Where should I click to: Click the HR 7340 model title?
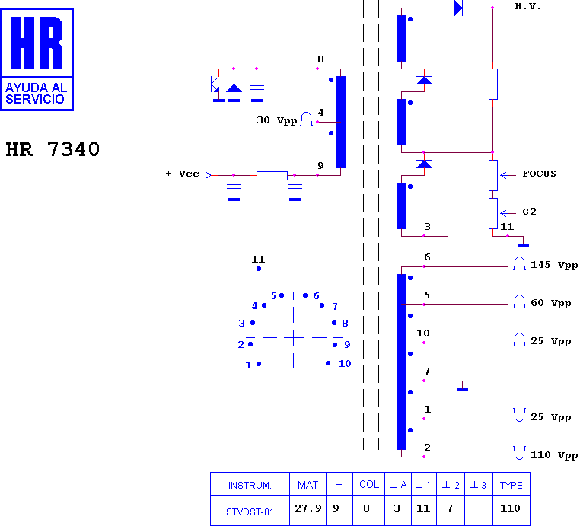click(x=53, y=149)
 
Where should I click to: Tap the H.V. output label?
click(x=527, y=7)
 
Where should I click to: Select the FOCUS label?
click(x=539, y=174)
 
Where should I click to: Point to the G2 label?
click(x=529, y=212)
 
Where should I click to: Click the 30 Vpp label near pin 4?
click(x=277, y=120)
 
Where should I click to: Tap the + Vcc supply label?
click(x=182, y=174)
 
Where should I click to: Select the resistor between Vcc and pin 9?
click(x=272, y=176)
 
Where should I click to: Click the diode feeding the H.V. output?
click(x=458, y=8)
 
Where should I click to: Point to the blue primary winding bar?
click(x=340, y=122)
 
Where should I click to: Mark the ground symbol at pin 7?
click(x=462, y=390)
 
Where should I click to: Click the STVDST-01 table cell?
click(x=250, y=512)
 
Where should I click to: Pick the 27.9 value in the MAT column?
click(x=308, y=508)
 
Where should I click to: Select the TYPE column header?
click(x=511, y=486)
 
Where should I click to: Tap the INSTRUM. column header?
click(x=250, y=486)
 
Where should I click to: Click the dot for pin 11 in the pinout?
click(x=259, y=269)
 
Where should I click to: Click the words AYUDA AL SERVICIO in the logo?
click(x=37, y=93)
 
